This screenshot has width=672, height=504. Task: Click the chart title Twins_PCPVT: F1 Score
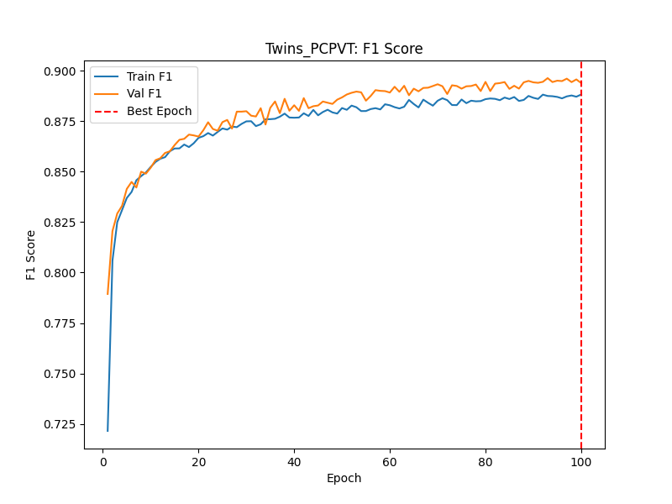(344, 49)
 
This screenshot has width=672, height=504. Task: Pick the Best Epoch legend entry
(159, 111)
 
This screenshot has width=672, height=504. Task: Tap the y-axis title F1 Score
(31, 255)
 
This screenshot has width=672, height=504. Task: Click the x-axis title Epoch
(344, 479)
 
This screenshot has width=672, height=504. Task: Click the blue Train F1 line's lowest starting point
(108, 431)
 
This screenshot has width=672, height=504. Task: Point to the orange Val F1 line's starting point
(108, 294)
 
